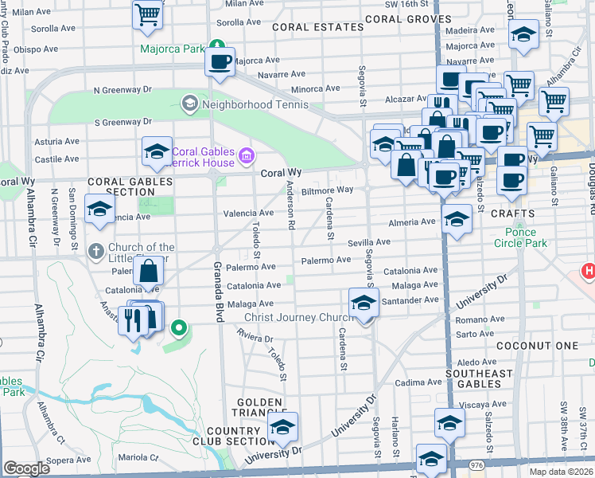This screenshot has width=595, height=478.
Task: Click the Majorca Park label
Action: coord(173,49)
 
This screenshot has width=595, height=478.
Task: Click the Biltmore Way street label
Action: coord(327,190)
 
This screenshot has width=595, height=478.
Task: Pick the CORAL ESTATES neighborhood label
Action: coord(317,27)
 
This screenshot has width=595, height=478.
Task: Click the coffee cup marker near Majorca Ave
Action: coord(220,61)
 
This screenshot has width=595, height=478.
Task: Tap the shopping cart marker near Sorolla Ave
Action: coord(148,14)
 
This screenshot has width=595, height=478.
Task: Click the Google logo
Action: coord(26,468)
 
